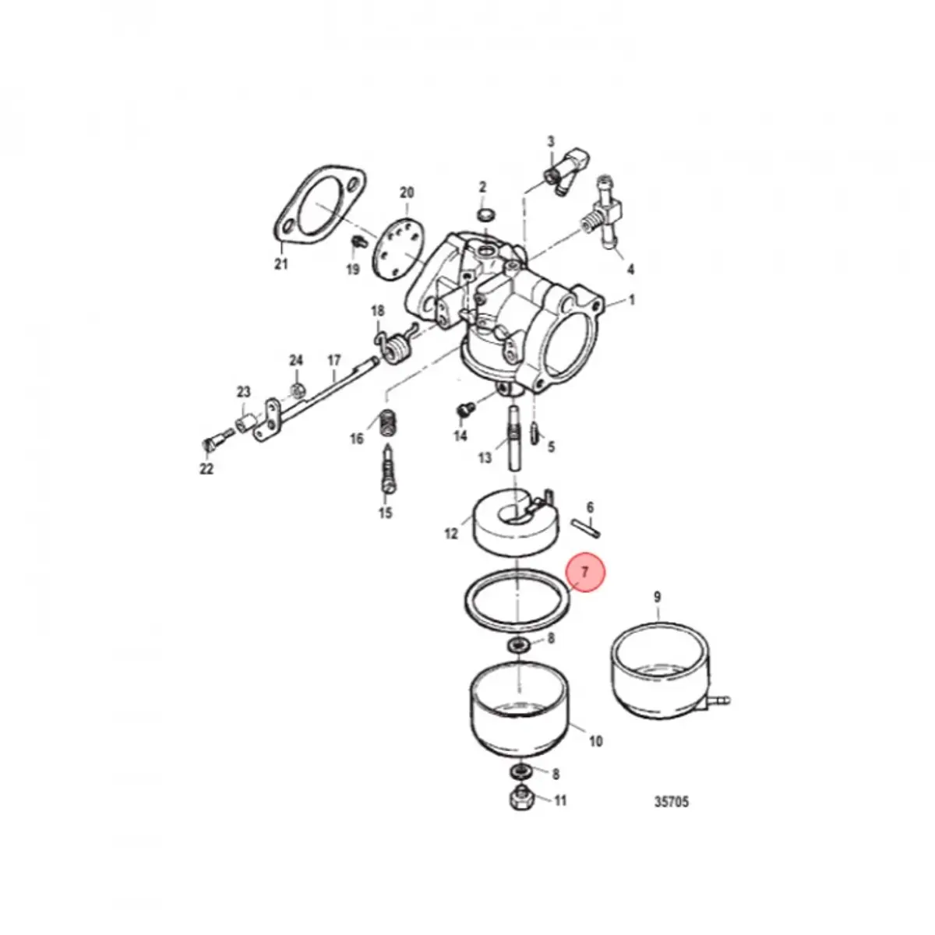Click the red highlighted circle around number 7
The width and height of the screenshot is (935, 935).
tap(584, 573)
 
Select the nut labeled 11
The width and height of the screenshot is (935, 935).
tap(519, 799)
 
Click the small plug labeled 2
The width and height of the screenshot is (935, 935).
tap(484, 213)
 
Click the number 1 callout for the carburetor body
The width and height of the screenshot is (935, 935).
tap(631, 300)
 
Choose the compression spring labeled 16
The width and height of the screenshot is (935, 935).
tap(386, 424)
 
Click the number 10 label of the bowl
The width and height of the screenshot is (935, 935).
tap(595, 741)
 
